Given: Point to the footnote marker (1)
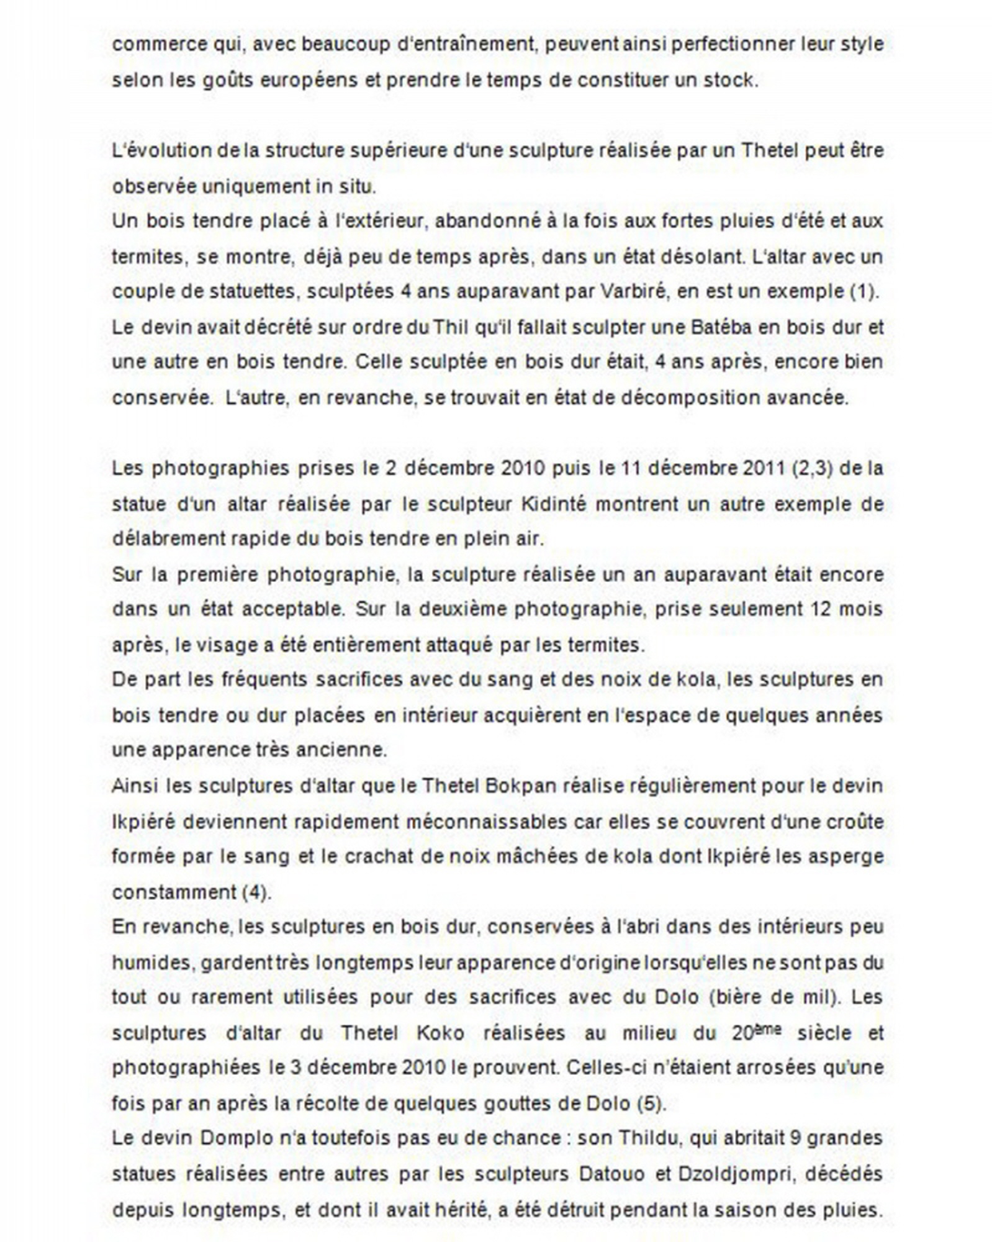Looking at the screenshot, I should coord(863,292).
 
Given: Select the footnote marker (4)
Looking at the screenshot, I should coord(255,892).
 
